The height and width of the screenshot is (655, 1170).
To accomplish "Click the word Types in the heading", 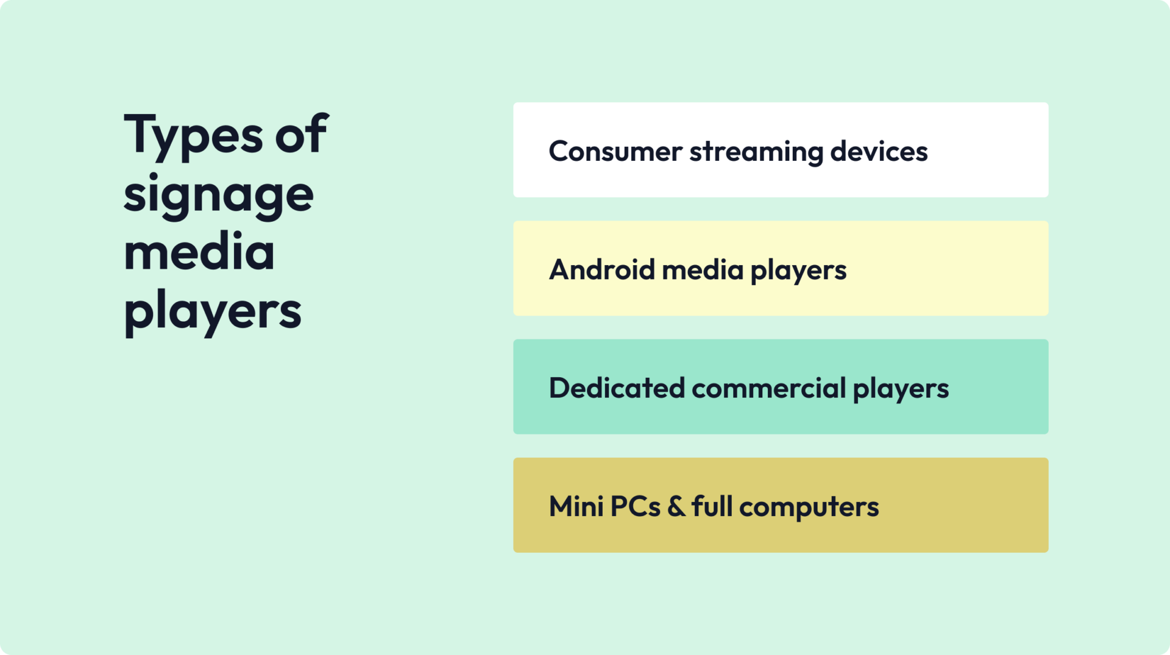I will pos(193,135).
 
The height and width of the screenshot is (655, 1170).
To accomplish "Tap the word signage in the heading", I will pos(218,196).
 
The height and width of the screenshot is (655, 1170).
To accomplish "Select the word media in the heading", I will pos(199,252).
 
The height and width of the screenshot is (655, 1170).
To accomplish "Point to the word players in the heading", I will pos(213,311).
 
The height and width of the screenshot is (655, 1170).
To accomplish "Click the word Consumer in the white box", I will pos(615,151).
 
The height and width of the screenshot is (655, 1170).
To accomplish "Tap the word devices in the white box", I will pos(879,151).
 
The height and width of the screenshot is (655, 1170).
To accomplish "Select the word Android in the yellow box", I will pos(602,269).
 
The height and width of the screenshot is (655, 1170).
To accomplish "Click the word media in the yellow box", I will pos(703,269).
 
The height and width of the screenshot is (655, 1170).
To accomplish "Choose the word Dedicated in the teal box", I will pos(617,388).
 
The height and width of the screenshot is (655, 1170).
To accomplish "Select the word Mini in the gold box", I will pos(576,506).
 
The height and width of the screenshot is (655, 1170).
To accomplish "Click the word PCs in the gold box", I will pos(635,506).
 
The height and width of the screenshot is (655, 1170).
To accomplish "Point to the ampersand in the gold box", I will pos(676,506).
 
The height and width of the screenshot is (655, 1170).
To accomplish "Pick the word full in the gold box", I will pos(712,506).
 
